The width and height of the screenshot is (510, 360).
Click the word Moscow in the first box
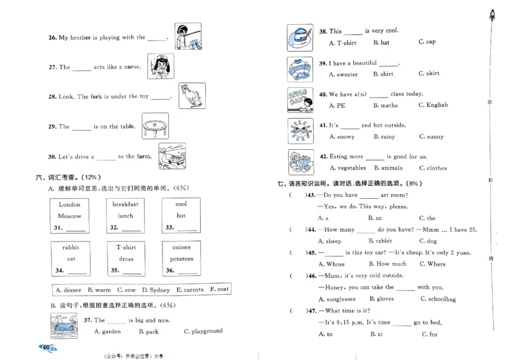(69, 216)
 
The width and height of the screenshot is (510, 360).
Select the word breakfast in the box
(125, 205)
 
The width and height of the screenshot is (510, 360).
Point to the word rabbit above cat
(71, 247)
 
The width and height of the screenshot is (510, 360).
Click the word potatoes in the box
(181, 259)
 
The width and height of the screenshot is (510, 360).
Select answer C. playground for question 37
(203, 331)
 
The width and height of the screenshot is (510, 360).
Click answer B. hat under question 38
(381, 43)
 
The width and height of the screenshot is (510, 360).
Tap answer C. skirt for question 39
(429, 74)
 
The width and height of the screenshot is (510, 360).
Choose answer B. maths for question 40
(385, 105)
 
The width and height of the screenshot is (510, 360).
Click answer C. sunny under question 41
(432, 136)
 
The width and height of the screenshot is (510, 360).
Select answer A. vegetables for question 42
(347, 168)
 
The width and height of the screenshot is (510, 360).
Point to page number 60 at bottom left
(47, 347)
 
